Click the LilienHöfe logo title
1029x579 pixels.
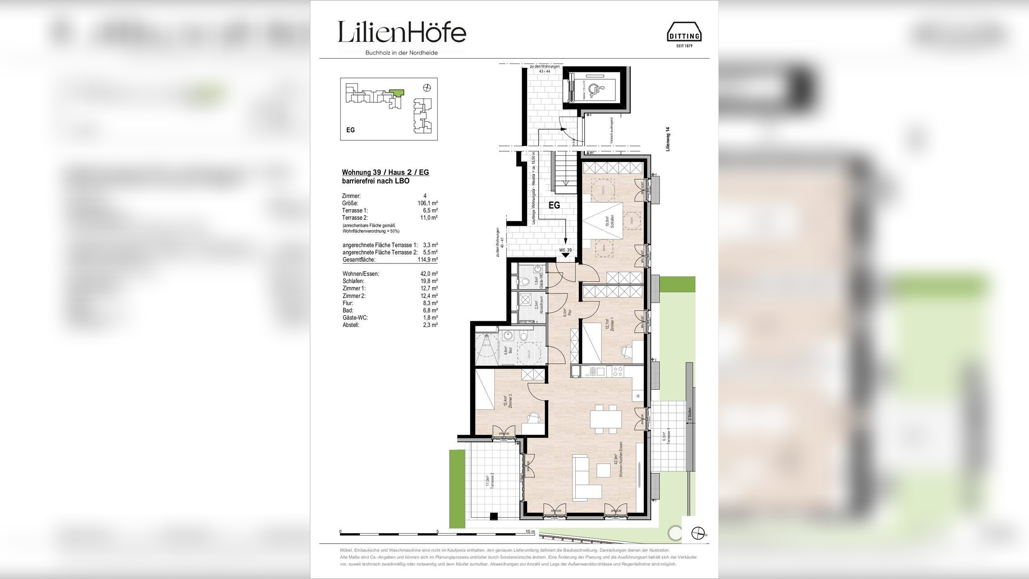tap(401, 32)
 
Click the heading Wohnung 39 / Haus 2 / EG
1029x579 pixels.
tap(385, 172)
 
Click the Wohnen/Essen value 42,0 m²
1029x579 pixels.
tap(428, 274)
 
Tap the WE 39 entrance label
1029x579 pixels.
tap(565, 250)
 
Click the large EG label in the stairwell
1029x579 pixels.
tap(554, 205)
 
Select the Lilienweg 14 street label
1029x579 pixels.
tap(668, 139)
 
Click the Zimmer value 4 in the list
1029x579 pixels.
tap(425, 196)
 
